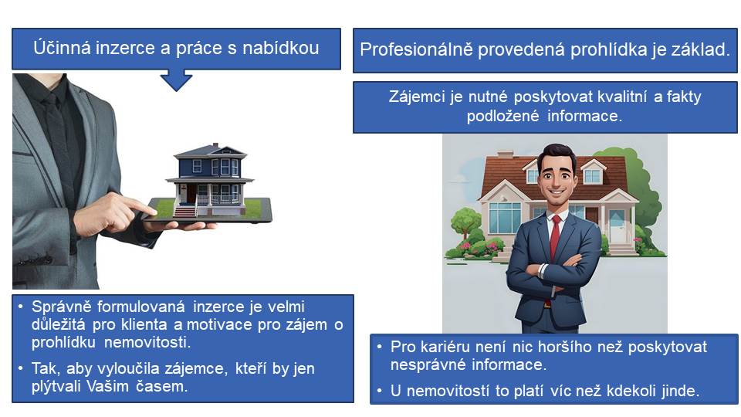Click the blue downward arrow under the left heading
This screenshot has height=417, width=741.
176,80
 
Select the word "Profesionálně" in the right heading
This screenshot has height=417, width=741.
416,49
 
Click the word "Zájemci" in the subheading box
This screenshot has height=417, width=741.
417,97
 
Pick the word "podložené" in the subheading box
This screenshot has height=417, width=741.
502,117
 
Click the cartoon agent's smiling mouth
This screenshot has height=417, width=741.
557,192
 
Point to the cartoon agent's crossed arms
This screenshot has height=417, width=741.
553,273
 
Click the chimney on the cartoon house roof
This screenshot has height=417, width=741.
505,154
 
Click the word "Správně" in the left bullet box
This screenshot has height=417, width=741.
61,307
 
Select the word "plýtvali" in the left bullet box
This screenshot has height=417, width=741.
56,387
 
